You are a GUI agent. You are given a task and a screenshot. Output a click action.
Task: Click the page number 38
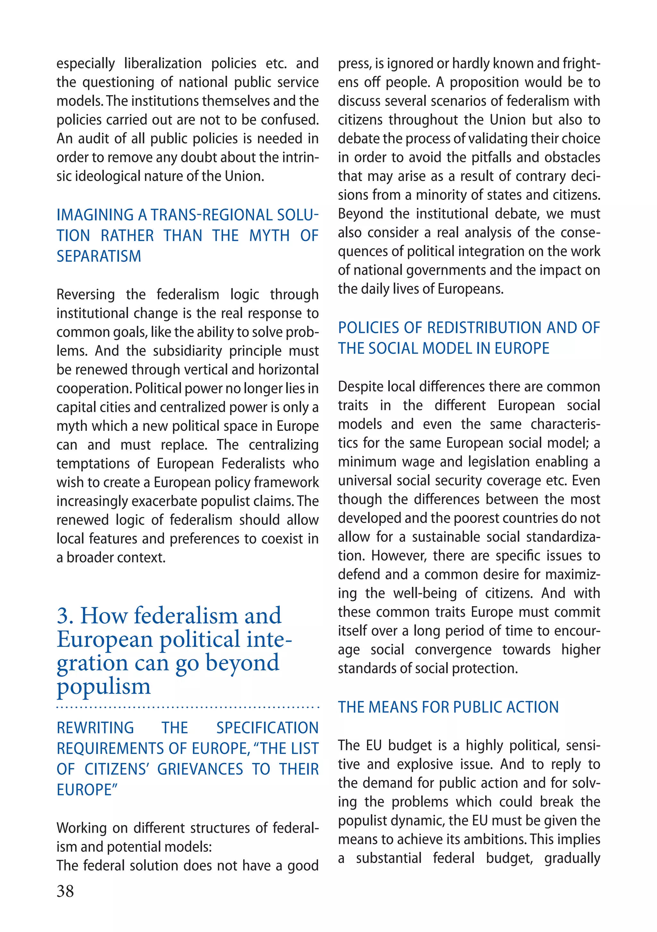pyautogui.click(x=65, y=891)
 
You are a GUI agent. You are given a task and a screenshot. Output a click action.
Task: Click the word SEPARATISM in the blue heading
pyautogui.click(x=99, y=257)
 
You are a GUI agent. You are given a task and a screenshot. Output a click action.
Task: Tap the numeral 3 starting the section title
pyautogui.click(x=64, y=616)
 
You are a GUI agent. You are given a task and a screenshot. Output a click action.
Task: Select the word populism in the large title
pyautogui.click(x=104, y=687)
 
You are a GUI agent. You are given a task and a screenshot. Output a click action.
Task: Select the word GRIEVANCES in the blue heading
pyautogui.click(x=200, y=769)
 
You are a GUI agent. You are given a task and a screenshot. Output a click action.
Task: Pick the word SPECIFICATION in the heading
pyautogui.click(x=267, y=728)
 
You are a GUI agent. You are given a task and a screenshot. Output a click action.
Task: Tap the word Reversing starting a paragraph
pyautogui.click(x=86, y=295)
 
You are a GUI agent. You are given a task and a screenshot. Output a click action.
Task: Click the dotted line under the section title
pyautogui.click(x=188, y=707)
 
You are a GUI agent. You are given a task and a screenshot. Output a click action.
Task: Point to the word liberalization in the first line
pyautogui.click(x=163, y=64)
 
